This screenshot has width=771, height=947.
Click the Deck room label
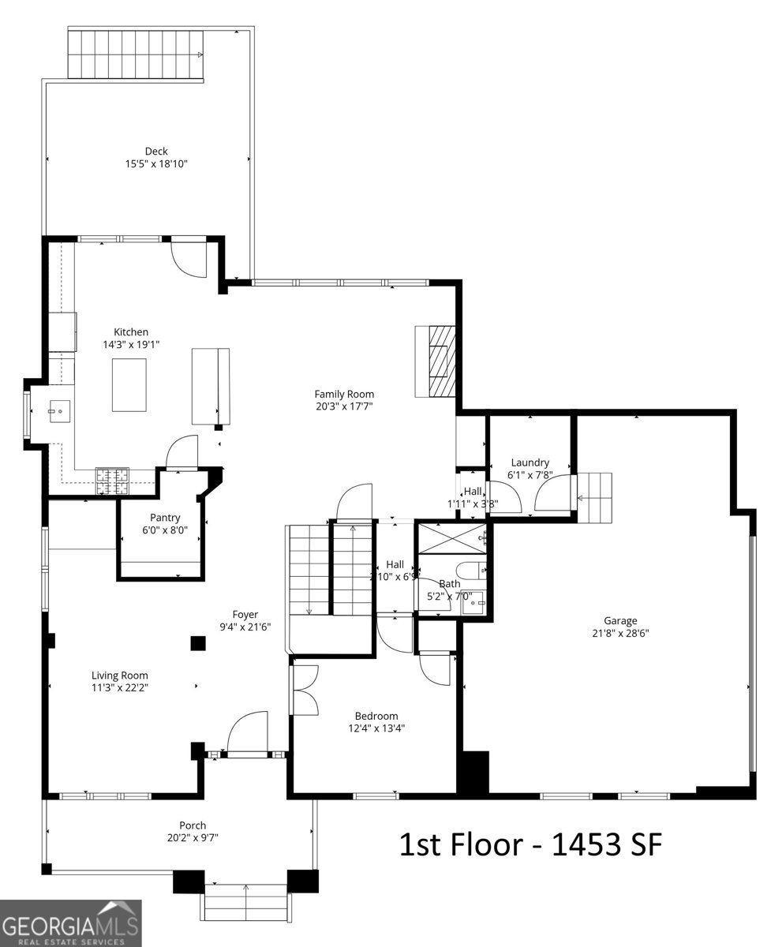pos(155,152)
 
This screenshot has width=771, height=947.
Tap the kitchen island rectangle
pos(129,384)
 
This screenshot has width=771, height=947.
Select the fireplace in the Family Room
pos(436,361)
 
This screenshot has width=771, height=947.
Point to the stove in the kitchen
pos(112,481)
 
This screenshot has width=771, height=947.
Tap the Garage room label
pos(620,621)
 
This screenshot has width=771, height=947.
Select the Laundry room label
pos(530,463)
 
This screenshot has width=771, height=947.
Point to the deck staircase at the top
pos(136,54)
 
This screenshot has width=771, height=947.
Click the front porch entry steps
pos(245,901)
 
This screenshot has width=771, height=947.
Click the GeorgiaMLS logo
pos(71,923)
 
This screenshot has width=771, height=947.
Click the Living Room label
pos(120,676)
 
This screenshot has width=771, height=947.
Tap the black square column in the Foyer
pos(197,643)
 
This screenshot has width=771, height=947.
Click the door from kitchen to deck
pos(189,258)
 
